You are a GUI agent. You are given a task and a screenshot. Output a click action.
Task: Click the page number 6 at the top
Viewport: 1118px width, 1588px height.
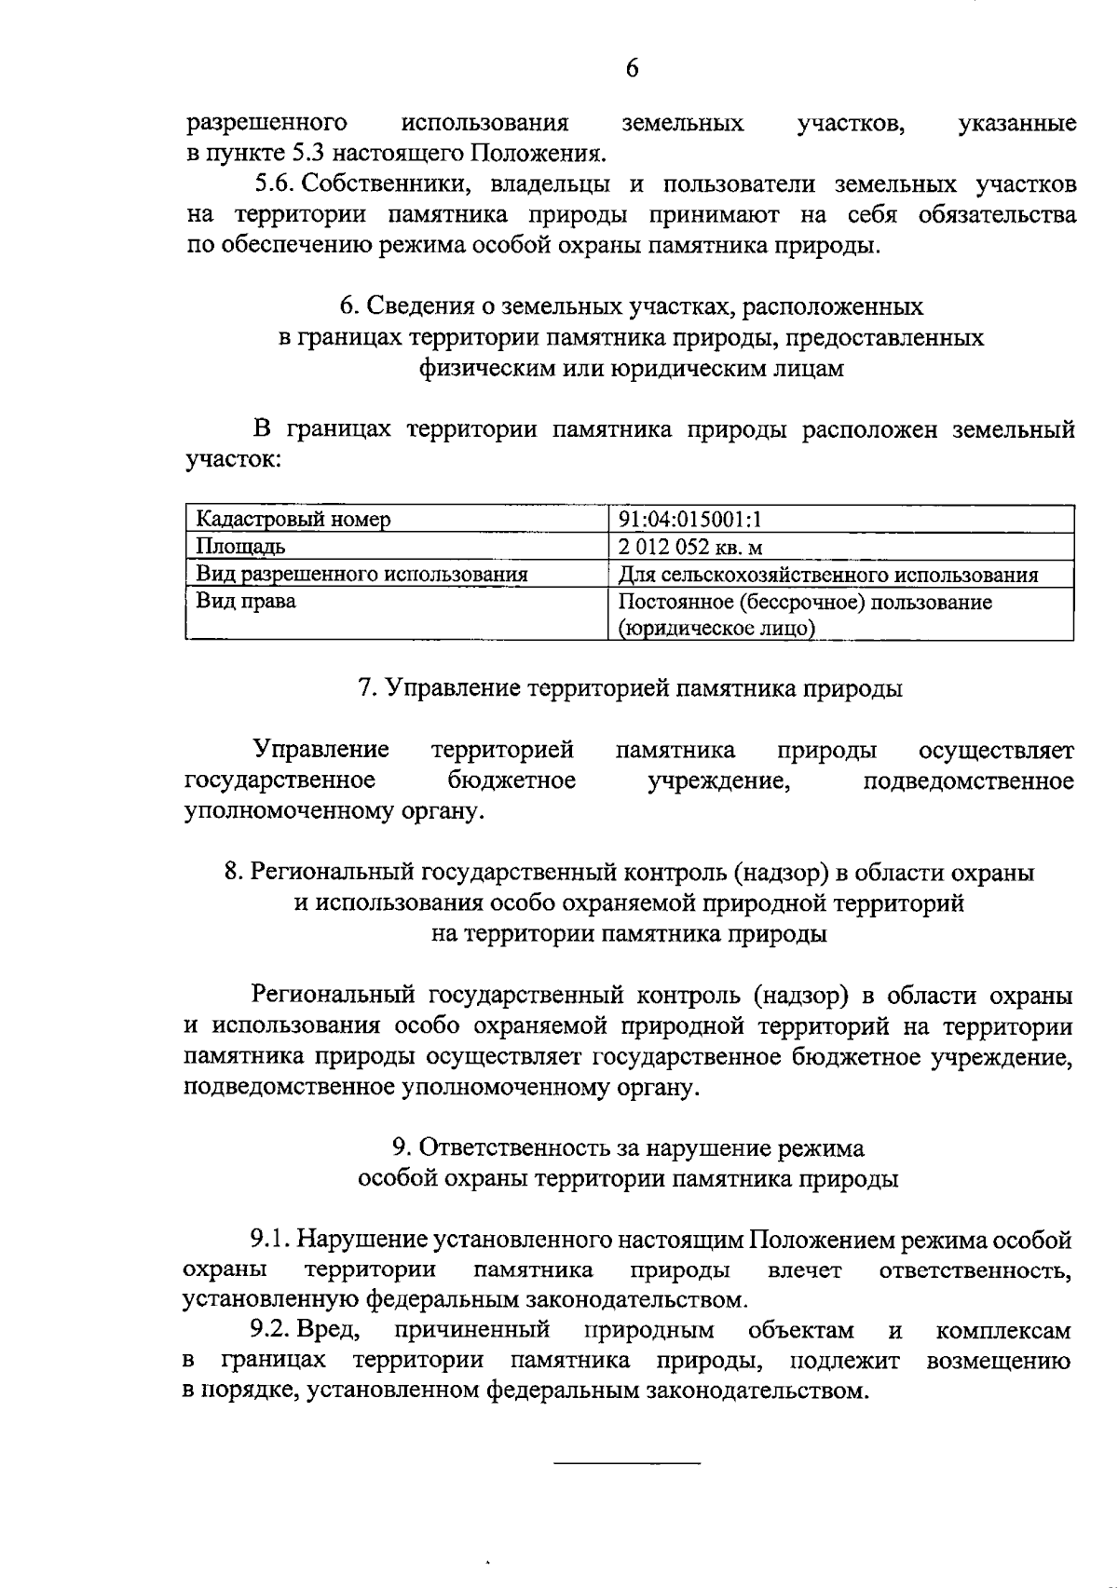tap(632, 68)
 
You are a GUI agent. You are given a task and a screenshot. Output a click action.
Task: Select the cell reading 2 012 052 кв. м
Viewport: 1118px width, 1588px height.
tap(690, 547)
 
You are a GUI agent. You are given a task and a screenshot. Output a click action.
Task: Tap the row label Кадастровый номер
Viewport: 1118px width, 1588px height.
tap(293, 519)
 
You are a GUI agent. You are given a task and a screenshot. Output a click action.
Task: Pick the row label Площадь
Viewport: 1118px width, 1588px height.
tap(240, 547)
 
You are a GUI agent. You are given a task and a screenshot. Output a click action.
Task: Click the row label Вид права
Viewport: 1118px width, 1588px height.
tap(246, 602)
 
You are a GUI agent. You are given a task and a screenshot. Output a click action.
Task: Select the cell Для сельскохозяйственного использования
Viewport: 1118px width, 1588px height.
tap(828, 575)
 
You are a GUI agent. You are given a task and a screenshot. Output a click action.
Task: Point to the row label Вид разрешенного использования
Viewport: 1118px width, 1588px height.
tap(361, 575)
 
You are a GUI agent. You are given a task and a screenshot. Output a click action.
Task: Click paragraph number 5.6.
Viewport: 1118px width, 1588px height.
tap(277, 184)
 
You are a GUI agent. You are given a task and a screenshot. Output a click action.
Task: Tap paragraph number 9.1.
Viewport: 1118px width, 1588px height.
tap(271, 1241)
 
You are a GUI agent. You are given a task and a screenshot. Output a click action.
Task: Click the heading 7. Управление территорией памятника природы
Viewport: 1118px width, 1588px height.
tap(630, 688)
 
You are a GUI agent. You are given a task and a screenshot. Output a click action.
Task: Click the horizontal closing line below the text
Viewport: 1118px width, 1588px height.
tap(626, 1465)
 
